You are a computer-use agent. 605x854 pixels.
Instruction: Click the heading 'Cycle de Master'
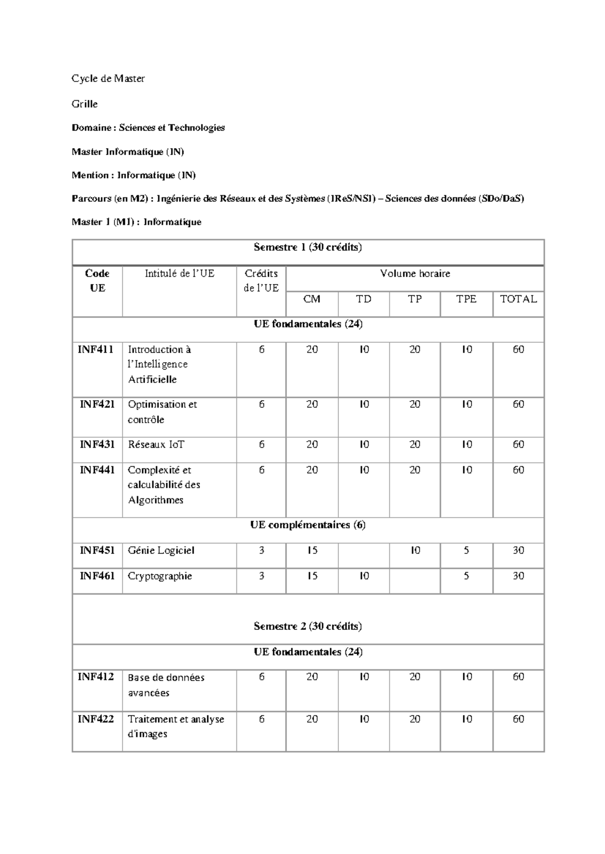tap(108, 79)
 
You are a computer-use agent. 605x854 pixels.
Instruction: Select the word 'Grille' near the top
tap(85, 104)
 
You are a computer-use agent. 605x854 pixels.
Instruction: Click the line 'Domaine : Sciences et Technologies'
tap(148, 128)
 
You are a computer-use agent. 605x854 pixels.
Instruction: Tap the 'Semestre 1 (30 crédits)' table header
tap(308, 247)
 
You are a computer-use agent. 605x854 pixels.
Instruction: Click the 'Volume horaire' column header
tap(415, 274)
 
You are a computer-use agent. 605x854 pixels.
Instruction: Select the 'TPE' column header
tap(466, 299)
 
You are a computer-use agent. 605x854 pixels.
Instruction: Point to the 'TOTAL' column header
tap(518, 299)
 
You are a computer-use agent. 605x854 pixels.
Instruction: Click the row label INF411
tap(96, 349)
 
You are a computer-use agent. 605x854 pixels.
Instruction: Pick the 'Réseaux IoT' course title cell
tap(156, 445)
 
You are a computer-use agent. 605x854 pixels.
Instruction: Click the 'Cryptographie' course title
tap(160, 576)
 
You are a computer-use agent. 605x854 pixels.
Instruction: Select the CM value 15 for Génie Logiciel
tap(312, 550)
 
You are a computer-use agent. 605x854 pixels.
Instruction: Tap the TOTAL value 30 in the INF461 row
tap(518, 576)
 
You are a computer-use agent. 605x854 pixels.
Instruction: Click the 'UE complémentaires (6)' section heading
tap(308, 525)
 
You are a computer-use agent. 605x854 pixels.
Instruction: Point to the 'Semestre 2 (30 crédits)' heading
tap(308, 626)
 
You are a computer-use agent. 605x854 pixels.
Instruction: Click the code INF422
tap(96, 719)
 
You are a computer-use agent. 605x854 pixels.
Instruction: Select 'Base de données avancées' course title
tap(166, 685)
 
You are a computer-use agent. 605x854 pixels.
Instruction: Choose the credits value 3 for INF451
tap(261, 550)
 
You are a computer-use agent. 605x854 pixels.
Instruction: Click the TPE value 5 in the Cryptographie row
tap(466, 576)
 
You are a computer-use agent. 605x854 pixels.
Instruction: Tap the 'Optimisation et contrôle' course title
tap(162, 412)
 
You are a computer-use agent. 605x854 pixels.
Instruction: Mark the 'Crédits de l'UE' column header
tap(261, 281)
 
